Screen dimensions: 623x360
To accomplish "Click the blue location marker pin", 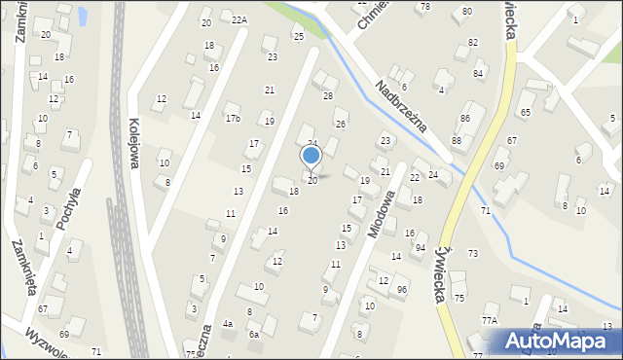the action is point(311,157).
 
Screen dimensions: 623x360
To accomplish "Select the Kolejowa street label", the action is point(133,144).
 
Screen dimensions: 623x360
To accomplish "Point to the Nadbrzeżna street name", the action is point(402,107).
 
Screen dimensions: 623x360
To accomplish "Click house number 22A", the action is point(239,19).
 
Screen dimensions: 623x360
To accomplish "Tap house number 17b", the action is point(233,119).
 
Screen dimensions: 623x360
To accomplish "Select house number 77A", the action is point(489,319).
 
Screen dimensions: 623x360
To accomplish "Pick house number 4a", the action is point(228,323).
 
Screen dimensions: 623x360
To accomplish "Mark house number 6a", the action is point(254,334).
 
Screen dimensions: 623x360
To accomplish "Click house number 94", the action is point(421,248).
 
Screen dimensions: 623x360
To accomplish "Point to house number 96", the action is point(402,290).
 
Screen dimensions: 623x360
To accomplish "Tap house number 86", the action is point(465,118).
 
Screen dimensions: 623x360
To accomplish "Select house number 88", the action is point(457,141).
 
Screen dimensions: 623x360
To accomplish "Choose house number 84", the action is point(478,74).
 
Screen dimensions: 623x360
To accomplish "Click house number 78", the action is point(423,7).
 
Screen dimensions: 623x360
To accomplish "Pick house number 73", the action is point(473,253).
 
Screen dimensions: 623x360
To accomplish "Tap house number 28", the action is point(328,95).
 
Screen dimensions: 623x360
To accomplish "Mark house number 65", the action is point(526,113).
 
